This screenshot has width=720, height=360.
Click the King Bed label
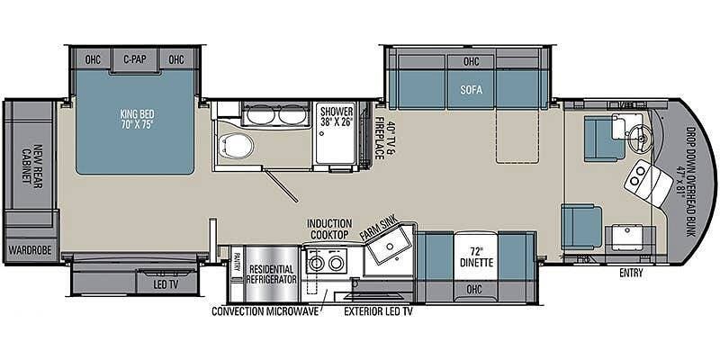(x=134, y=120)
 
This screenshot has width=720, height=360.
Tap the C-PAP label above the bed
(x=134, y=60)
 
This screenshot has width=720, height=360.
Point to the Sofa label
(x=472, y=90)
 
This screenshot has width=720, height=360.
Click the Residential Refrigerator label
(x=272, y=274)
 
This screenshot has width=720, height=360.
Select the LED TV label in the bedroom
(x=168, y=283)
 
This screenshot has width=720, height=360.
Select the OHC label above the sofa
(x=472, y=61)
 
